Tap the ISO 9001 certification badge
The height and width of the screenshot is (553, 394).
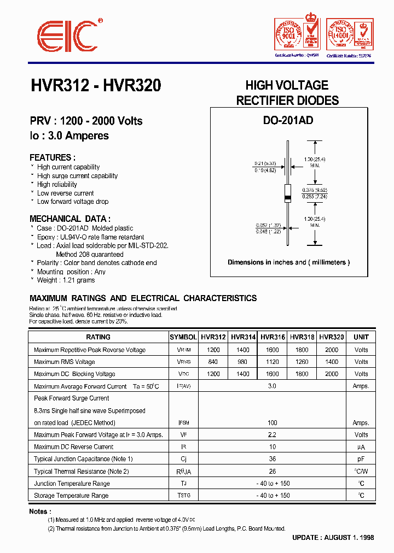[297, 35]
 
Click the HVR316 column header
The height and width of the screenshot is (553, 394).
[272, 337]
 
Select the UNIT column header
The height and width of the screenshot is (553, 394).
[361, 337]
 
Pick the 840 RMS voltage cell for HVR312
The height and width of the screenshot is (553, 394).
[213, 362]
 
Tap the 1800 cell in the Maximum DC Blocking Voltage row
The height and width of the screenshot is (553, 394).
[302, 374]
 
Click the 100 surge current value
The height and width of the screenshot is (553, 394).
[272, 422]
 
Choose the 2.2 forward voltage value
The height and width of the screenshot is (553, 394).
[272, 435]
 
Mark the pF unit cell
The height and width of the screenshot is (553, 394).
[361, 459]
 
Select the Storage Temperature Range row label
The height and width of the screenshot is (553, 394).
[71, 496]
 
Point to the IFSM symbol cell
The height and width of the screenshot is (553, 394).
[183, 422]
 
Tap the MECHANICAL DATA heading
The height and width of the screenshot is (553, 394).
[70, 218]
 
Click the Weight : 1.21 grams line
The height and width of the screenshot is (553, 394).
[66, 280]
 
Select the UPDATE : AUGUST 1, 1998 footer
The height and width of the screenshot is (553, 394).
[333, 538]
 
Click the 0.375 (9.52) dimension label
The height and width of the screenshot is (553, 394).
[315, 190]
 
